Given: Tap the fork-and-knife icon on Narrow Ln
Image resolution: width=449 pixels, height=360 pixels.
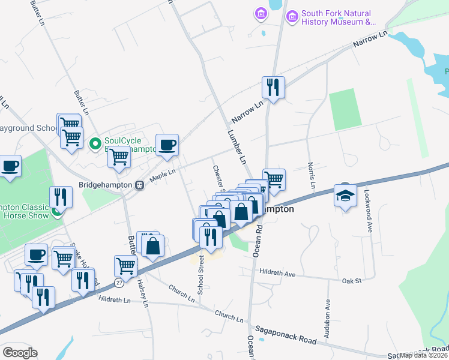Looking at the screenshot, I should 273,87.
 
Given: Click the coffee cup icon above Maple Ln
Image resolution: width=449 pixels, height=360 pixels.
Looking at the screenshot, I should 167,144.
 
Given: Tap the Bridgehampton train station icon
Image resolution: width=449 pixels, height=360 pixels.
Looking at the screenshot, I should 139,185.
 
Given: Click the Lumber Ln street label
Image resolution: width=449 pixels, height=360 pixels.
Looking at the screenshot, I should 237,146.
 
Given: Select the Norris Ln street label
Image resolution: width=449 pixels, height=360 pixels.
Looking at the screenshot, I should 312,175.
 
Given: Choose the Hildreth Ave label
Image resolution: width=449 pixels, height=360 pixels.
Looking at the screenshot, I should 277,274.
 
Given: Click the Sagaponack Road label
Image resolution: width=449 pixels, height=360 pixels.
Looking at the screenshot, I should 285,335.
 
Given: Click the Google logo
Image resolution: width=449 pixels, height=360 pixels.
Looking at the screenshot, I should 20,353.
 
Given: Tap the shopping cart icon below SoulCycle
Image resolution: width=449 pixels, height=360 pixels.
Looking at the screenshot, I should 119,157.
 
